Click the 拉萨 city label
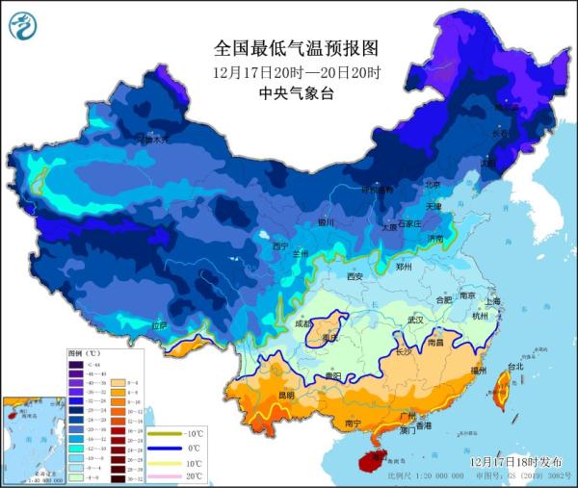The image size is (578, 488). (x=161, y=326)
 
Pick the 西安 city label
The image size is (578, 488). (x=355, y=277)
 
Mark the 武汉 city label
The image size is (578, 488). (x=415, y=320)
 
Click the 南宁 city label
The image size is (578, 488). (x=352, y=423)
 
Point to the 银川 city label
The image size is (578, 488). (x=326, y=222)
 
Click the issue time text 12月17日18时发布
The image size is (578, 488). (x=515, y=462)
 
